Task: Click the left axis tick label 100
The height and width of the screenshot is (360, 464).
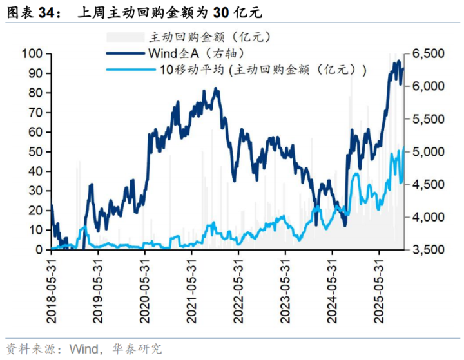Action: (33, 53)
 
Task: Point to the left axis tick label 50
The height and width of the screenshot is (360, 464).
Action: (36, 152)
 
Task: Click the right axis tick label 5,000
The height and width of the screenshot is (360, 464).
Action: (426, 152)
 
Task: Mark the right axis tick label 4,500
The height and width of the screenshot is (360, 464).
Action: (426, 185)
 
